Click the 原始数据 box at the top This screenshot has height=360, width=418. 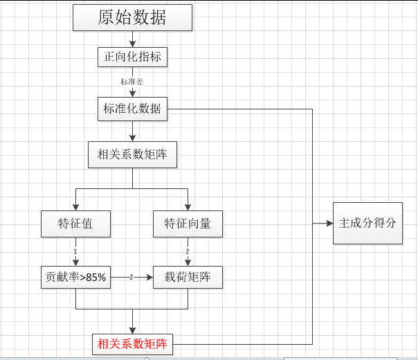pyautogui.click(x=132, y=17)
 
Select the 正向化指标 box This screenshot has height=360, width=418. pyautogui.click(x=132, y=57)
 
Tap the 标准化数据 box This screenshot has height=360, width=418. pyautogui.click(x=132, y=109)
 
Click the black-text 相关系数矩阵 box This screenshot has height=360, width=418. pyautogui.click(x=132, y=154)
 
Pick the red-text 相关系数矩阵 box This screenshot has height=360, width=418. pyautogui.click(x=132, y=343)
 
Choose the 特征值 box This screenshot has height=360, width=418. pyautogui.click(x=76, y=224)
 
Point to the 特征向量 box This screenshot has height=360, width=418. pyautogui.click(x=188, y=224)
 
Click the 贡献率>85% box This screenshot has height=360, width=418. pyautogui.click(x=76, y=277)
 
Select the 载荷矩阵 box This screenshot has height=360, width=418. pyautogui.click(x=188, y=277)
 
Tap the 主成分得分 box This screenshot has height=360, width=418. pyautogui.click(x=367, y=223)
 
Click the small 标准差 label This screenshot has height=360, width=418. pyautogui.click(x=132, y=82)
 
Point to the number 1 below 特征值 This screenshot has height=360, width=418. pyautogui.click(x=75, y=251)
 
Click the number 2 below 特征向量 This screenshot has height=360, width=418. pyautogui.click(x=188, y=251)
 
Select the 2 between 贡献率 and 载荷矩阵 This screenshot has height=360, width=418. pyautogui.click(x=131, y=277)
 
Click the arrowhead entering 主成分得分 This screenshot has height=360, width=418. pyautogui.click(x=329, y=223)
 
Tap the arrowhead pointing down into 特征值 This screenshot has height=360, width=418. pyautogui.click(x=76, y=206)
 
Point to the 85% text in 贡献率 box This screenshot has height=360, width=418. pyautogui.click(x=96, y=278)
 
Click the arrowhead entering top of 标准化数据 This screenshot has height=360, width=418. pyautogui.click(x=132, y=95)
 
